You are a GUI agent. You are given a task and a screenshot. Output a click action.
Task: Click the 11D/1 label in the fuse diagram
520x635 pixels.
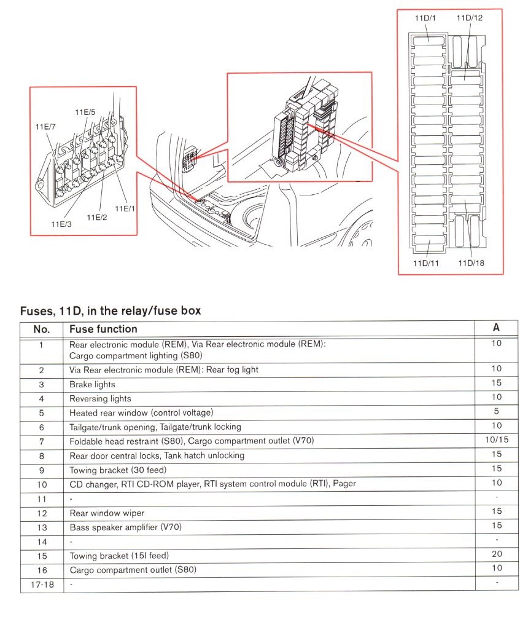(x=425, y=18)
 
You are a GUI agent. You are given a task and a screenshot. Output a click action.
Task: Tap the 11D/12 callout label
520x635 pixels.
(x=469, y=18)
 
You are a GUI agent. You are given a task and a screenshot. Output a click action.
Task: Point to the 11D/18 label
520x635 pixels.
(x=471, y=263)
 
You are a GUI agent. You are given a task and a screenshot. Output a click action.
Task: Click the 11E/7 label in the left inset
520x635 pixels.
(x=45, y=127)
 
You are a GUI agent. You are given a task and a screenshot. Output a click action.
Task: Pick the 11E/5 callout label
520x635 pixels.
(x=85, y=112)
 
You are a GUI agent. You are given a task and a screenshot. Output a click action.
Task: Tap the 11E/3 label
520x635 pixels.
(x=61, y=224)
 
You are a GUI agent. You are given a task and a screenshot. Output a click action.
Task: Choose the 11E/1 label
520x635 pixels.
(x=125, y=208)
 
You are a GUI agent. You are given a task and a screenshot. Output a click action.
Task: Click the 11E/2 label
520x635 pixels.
(x=96, y=217)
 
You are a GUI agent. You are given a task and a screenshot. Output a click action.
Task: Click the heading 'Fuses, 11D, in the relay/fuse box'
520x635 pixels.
(x=111, y=310)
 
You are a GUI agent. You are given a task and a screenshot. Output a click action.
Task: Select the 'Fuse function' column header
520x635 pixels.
(x=103, y=329)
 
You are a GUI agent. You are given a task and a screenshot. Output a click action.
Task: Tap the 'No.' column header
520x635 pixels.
(x=41, y=329)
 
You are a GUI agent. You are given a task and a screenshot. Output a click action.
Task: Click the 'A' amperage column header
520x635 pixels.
(x=496, y=328)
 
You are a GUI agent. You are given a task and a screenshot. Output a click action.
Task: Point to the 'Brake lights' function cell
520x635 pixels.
(x=92, y=384)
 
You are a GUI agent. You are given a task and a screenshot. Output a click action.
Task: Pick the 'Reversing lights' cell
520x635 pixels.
(x=100, y=398)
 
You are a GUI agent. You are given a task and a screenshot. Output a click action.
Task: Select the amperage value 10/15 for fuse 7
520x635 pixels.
(x=496, y=440)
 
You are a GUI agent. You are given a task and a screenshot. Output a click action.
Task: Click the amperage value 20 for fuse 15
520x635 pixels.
(x=496, y=554)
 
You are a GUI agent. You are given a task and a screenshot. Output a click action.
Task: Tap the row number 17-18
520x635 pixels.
(x=41, y=584)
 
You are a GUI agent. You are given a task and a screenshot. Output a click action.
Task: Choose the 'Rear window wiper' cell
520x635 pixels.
(x=107, y=513)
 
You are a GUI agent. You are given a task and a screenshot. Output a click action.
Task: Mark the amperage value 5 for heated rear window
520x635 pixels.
(x=496, y=411)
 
